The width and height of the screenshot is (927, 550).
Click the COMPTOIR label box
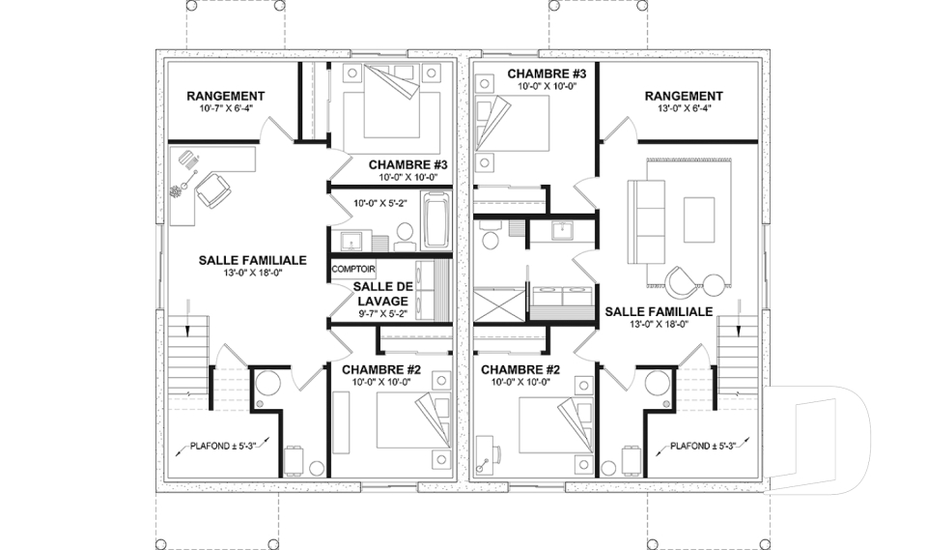(353, 270)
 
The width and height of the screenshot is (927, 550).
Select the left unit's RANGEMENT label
(226, 96)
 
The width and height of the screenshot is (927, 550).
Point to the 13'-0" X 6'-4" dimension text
(684, 108)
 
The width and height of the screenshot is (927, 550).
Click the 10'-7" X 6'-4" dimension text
(226, 108)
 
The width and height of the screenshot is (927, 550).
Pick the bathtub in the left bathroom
(435, 220)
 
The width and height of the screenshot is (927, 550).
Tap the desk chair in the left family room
(212, 190)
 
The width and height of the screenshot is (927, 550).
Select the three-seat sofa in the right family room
(646, 223)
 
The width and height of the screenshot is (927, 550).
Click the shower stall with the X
(499, 304)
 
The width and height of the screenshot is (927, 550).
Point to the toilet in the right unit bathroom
(489, 236)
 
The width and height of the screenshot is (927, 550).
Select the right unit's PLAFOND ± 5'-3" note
(702, 446)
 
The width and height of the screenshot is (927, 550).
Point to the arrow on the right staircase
(739, 319)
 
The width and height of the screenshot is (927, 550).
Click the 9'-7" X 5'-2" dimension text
(382, 314)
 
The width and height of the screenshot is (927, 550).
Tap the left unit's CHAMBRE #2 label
(381, 370)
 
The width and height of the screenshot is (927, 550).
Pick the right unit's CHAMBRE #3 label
(547, 74)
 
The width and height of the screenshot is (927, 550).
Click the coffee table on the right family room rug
(699, 220)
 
